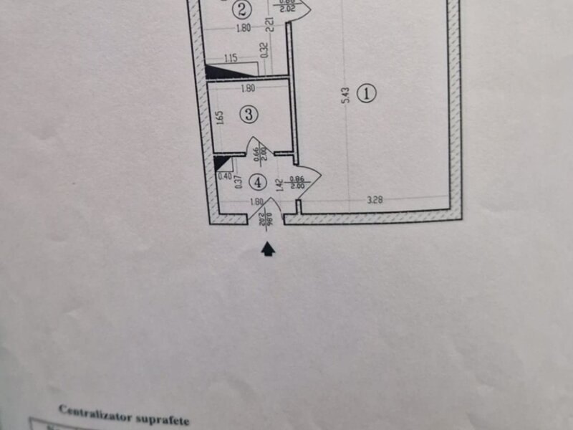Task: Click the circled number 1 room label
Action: pos(367,93)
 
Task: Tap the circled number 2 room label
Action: pos(244,10)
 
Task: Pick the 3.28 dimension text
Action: pos(375,201)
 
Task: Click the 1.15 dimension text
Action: pos(231,58)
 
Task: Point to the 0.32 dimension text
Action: pos(264,50)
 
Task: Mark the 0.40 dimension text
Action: pos(223,176)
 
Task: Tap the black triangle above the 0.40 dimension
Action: pos(219,163)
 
